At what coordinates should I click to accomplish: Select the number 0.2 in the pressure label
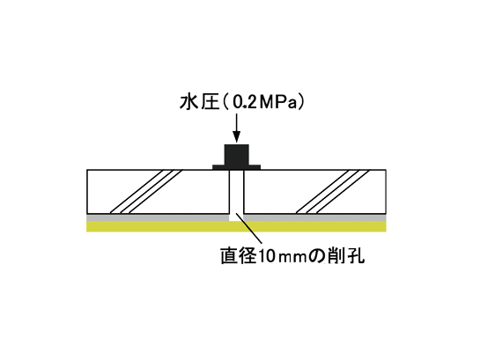pyautogui.click(x=245, y=102)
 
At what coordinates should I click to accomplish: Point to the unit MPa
pyautogui.click(x=279, y=102)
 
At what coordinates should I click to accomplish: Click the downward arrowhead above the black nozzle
pyautogui.click(x=236, y=136)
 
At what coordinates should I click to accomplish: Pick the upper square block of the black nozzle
pyautogui.click(x=237, y=155)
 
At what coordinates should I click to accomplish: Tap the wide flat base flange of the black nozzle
pyautogui.click(x=237, y=167)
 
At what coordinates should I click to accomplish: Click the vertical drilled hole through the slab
pyautogui.click(x=237, y=195)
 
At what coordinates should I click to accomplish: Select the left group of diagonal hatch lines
pyautogui.click(x=146, y=192)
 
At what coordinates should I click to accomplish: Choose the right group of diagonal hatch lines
pyautogui.click(x=333, y=192)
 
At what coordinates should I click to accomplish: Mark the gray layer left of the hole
pyautogui.click(x=158, y=217)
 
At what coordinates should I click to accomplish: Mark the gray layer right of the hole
pyautogui.click(x=314, y=217)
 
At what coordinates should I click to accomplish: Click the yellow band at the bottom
pyautogui.click(x=236, y=226)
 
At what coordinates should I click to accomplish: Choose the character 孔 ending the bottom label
pyautogui.click(x=356, y=255)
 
